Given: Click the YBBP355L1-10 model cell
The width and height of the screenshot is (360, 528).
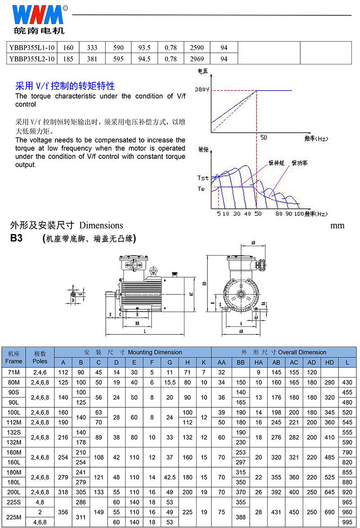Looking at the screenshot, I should (x=32, y=47).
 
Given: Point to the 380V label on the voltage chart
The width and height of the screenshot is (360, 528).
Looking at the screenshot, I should (x=202, y=90).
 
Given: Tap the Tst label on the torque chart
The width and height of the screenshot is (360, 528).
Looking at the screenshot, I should (x=202, y=178).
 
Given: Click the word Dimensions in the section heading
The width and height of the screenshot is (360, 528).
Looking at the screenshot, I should (x=101, y=225).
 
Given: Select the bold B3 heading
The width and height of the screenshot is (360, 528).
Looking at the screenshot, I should (x=17, y=239).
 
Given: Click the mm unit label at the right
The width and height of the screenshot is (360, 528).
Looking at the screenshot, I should (x=337, y=225).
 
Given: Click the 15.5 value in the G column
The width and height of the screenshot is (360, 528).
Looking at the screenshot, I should (x=170, y=382).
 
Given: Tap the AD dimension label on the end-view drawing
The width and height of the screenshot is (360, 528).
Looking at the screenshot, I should (x=253, y=242).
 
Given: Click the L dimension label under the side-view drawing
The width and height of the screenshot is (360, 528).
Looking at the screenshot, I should (x=145, y=331).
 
